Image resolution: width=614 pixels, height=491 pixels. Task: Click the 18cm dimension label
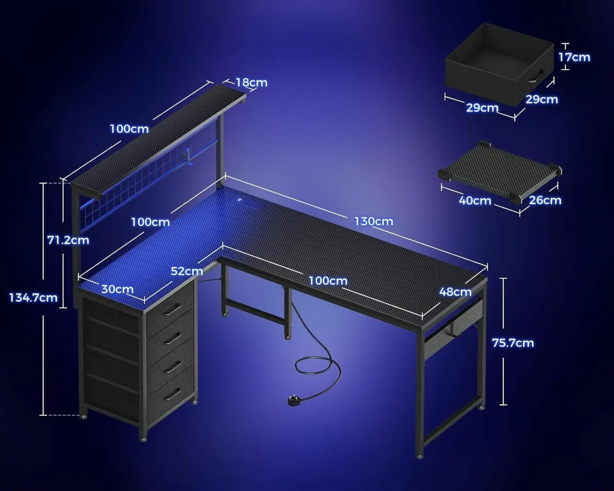coord(251,82)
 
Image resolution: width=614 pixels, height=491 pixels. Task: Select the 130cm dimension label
coord(374,221)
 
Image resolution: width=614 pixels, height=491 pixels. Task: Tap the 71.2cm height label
coord(68,239)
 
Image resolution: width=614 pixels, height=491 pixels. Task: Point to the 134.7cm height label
coord(33,297)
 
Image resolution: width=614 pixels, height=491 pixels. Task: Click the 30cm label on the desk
coord(117,289)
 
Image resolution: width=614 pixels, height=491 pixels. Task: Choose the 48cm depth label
coord(455,292)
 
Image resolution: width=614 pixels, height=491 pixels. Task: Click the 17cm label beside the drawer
coord(574,57)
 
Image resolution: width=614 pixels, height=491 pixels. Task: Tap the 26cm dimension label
coord(545,200)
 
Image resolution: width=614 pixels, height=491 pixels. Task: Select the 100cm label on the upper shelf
coord(129,128)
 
